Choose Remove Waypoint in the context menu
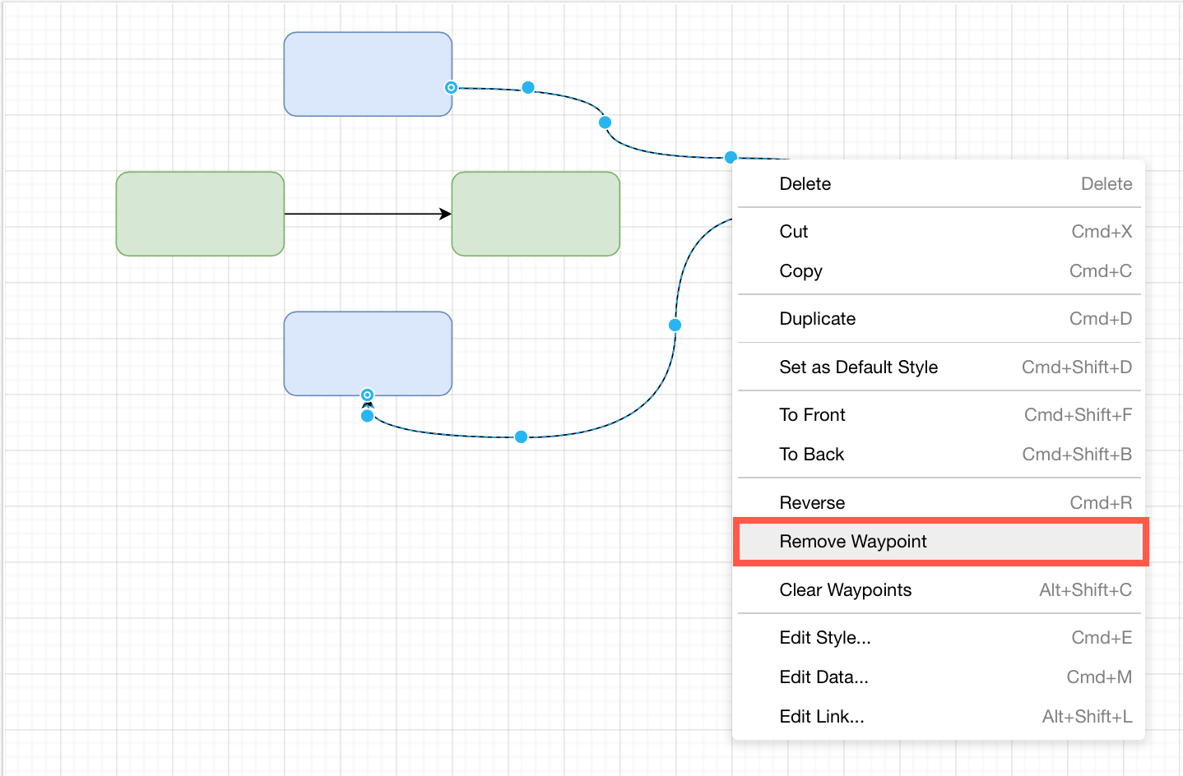click(x=853, y=542)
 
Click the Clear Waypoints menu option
click(x=846, y=590)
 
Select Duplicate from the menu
click(x=818, y=319)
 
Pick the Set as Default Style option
click(x=859, y=367)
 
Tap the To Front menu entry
click(x=813, y=415)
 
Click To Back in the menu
click(x=812, y=455)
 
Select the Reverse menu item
click(x=812, y=503)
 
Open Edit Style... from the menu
click(x=825, y=638)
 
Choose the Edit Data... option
click(x=824, y=677)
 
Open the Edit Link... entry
click(x=822, y=717)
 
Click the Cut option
click(x=794, y=232)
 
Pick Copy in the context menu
click(x=801, y=271)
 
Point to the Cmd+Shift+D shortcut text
click(x=1076, y=367)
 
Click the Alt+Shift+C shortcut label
click(x=1085, y=590)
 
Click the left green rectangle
click(x=200, y=214)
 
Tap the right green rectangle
click(x=536, y=214)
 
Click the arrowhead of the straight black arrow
click(x=446, y=215)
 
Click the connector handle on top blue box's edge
click(x=451, y=87)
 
